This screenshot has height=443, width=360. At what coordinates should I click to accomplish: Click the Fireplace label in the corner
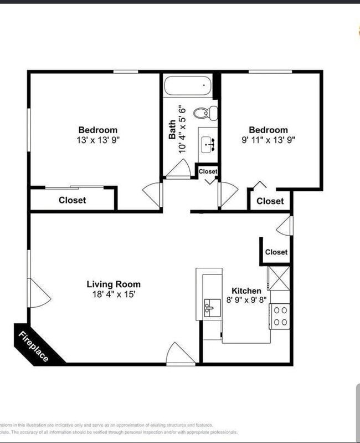(34, 346)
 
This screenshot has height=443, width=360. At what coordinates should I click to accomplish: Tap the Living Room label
(114, 284)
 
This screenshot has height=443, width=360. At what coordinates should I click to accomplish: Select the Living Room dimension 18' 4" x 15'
(114, 295)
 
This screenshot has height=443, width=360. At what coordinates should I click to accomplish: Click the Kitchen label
(246, 291)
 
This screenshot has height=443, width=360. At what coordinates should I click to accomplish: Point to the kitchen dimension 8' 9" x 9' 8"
(246, 301)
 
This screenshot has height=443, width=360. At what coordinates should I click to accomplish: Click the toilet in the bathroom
(204, 113)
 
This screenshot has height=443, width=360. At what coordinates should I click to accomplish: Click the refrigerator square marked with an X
(279, 278)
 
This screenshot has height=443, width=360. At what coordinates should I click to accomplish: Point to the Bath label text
(172, 129)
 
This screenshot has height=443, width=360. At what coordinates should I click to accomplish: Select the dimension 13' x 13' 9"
(97, 140)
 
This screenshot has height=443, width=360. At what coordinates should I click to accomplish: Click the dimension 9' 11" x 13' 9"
(268, 140)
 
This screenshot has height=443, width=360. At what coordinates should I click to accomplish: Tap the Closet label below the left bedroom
(73, 200)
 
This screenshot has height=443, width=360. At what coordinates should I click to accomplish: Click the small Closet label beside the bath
(208, 172)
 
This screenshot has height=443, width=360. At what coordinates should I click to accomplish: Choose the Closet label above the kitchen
(276, 252)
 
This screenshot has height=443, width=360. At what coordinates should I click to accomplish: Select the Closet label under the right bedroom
(270, 201)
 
